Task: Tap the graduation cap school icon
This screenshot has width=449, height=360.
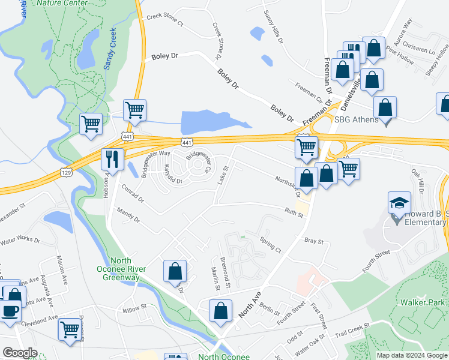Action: [x=399, y=204]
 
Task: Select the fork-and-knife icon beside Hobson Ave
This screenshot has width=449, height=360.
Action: [x=112, y=160]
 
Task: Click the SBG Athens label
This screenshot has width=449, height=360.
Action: [x=357, y=119]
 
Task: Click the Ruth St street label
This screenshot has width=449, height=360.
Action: [x=294, y=212]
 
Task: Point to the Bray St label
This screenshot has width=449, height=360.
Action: [x=314, y=241]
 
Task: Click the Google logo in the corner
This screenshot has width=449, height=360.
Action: [x=20, y=353]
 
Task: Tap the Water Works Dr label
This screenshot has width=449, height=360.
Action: [x=20, y=242]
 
